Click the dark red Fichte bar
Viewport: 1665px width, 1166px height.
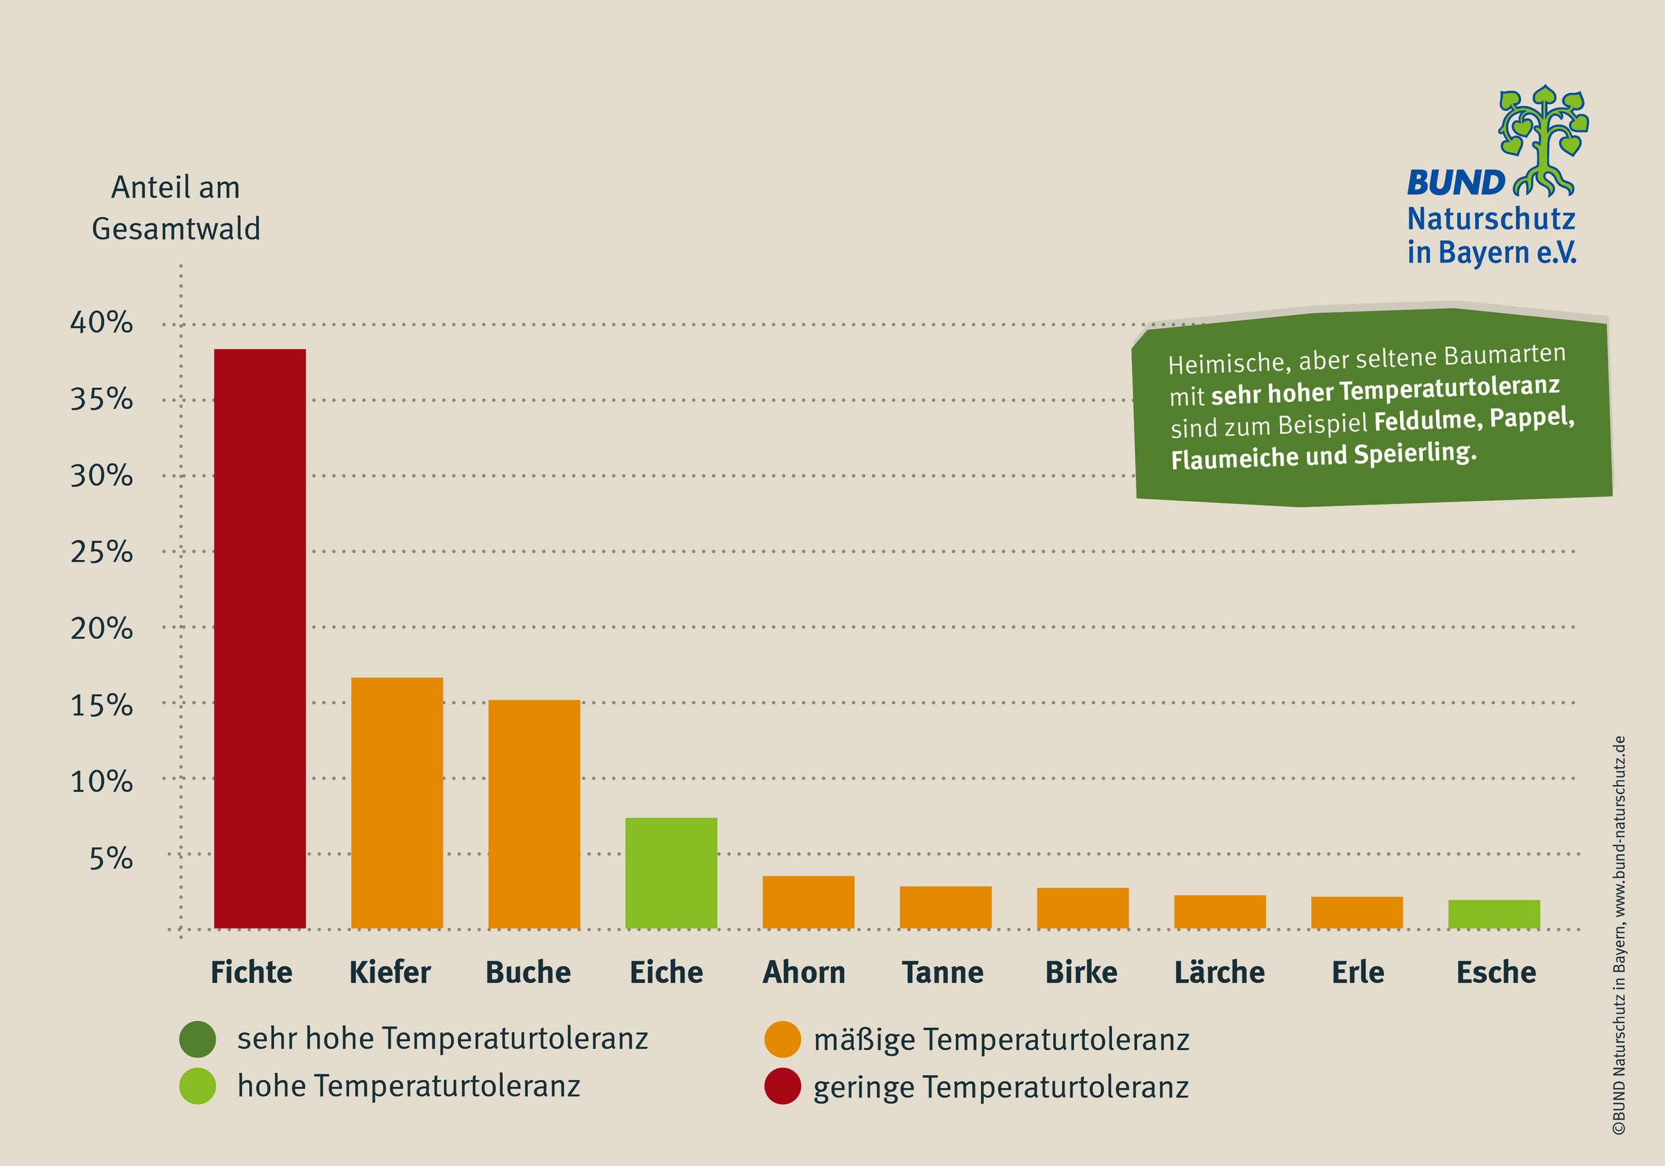pos(259,639)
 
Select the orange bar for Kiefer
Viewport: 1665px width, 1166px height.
pos(397,802)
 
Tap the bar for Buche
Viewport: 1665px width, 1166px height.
pos(533,814)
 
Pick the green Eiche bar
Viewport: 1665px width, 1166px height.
pos(671,873)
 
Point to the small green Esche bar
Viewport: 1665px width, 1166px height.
pos(1494,914)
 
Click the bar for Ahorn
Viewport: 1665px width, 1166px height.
pos(808,902)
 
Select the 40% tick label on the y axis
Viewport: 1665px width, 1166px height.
pos(101,323)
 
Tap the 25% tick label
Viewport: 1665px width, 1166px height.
pos(101,553)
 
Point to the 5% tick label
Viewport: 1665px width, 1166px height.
pos(111,859)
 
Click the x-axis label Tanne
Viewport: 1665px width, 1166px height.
pos(942,973)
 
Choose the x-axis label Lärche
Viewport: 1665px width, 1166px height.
pos(1219,973)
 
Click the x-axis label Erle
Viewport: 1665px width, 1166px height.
pos(1358,973)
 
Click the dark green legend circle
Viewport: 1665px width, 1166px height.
pos(197,1039)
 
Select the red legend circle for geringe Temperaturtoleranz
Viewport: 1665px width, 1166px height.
pos(783,1087)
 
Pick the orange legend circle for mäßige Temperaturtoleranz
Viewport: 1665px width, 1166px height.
pos(783,1039)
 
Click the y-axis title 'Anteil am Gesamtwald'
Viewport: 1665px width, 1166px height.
pos(176,208)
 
